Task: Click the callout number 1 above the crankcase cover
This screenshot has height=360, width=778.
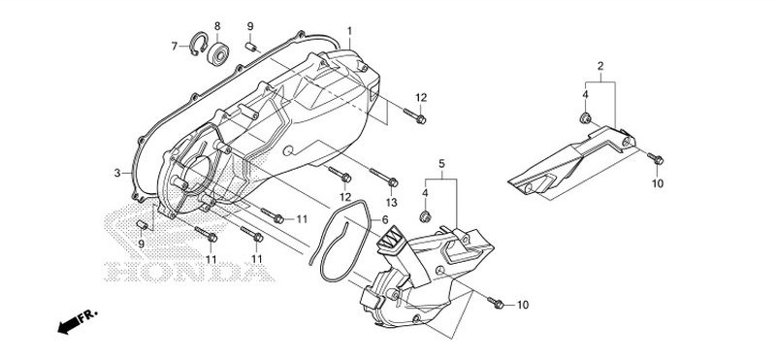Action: point(350,31)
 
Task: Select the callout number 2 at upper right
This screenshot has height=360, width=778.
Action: point(600,65)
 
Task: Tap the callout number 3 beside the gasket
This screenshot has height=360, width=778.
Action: point(117,173)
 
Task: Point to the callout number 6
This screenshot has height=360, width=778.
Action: point(385,219)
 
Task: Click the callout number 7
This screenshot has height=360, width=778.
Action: point(175,47)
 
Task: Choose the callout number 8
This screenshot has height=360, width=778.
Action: point(217,26)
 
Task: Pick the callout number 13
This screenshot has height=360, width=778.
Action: point(392,203)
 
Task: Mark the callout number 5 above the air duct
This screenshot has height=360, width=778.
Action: point(441,163)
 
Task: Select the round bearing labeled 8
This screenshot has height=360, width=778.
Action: point(218,53)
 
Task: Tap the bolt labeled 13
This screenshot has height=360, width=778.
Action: point(383,178)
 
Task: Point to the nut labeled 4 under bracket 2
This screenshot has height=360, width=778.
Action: point(585,118)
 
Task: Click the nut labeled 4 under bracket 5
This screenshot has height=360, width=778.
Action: point(425,216)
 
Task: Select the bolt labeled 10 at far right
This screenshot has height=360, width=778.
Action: point(656,159)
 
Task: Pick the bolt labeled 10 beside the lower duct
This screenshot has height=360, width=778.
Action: point(496,303)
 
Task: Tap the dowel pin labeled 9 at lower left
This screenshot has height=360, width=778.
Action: point(142,225)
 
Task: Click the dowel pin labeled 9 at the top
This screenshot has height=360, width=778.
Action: point(252,47)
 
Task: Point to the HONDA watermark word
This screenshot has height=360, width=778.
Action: point(189,271)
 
